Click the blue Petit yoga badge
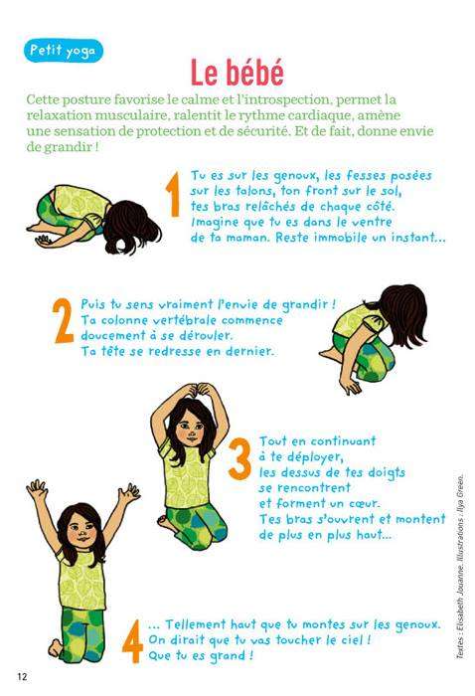[63, 51]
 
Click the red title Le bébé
[237, 73]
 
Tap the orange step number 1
[174, 195]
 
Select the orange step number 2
[63, 321]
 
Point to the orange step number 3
[240, 459]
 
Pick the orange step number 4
[132, 641]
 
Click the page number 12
[22, 677]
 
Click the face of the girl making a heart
[191, 431]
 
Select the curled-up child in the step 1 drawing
[94, 219]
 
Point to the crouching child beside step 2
[374, 338]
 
